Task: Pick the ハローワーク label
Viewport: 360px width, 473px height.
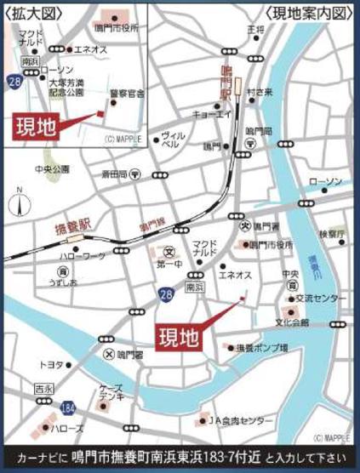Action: pos(80,255)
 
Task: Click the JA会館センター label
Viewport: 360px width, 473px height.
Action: pos(243,421)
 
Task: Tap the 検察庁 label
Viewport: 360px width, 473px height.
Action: pos(331,232)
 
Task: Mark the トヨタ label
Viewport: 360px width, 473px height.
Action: pos(51,365)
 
